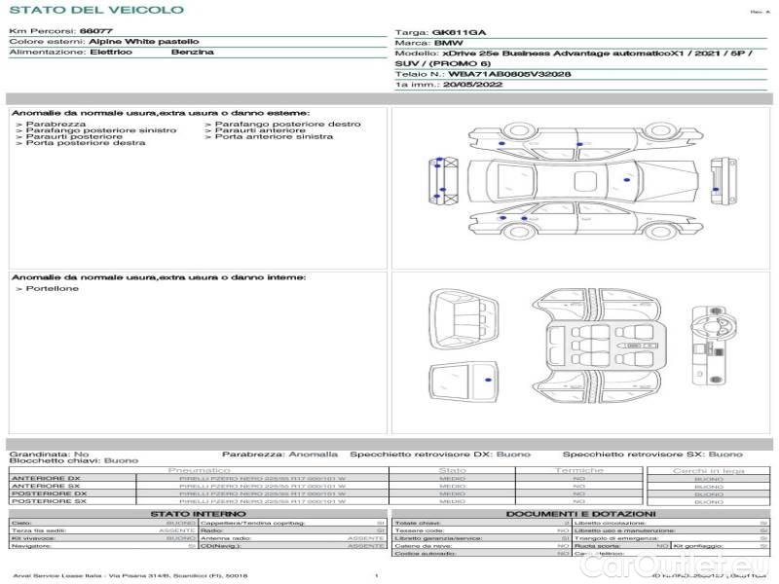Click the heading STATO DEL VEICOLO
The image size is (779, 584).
[x=96, y=10]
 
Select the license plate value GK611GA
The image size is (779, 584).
[x=458, y=32]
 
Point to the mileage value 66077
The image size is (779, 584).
[x=94, y=32]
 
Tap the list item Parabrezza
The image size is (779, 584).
[x=55, y=125]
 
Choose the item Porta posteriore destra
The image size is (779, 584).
[x=85, y=143]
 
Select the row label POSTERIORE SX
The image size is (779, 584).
[x=48, y=501]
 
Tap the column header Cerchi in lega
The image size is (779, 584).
[x=708, y=470]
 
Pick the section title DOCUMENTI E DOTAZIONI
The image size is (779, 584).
[x=580, y=513]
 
